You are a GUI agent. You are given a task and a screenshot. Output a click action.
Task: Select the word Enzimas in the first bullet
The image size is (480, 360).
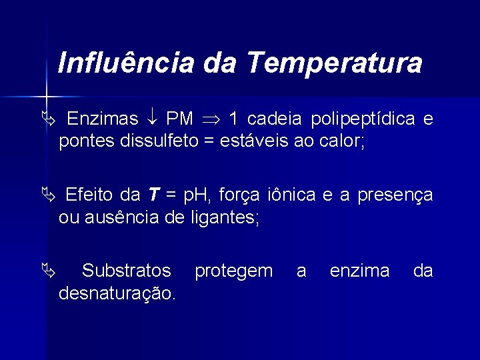pyautogui.click(x=103, y=119)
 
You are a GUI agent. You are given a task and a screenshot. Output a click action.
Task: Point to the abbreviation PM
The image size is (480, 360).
pyautogui.click(x=179, y=119)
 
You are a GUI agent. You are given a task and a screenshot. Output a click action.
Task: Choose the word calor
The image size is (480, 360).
pyautogui.click(x=342, y=141)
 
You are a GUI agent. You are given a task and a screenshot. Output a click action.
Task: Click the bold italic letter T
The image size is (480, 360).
pyautogui.click(x=153, y=195)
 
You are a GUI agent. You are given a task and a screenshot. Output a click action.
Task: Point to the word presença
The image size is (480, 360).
pyautogui.click(x=395, y=196)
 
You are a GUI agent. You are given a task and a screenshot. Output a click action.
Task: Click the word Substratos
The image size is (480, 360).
pyautogui.click(x=126, y=271)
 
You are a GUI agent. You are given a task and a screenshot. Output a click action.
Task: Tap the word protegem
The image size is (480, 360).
pyautogui.click(x=233, y=271)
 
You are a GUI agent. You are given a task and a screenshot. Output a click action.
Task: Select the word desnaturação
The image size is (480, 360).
pyautogui.click(x=117, y=293)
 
